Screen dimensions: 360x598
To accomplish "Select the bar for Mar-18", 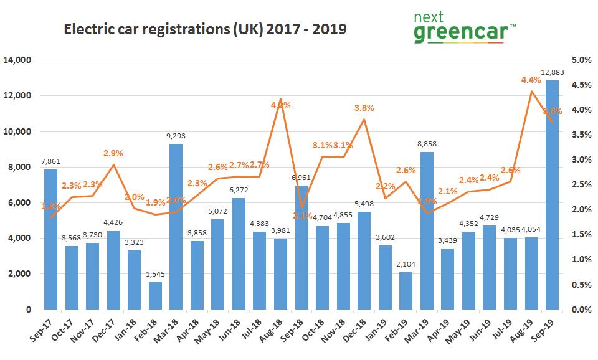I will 176,227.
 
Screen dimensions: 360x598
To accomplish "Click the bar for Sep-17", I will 50,239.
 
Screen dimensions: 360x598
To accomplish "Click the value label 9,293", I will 176,137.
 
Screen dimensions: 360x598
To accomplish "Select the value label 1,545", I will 155,275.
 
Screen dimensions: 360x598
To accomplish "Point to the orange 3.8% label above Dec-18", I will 364,108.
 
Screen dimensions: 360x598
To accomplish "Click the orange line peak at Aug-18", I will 280,99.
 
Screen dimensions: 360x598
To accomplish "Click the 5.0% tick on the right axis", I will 580,60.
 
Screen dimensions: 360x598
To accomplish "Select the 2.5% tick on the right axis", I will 580,185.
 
